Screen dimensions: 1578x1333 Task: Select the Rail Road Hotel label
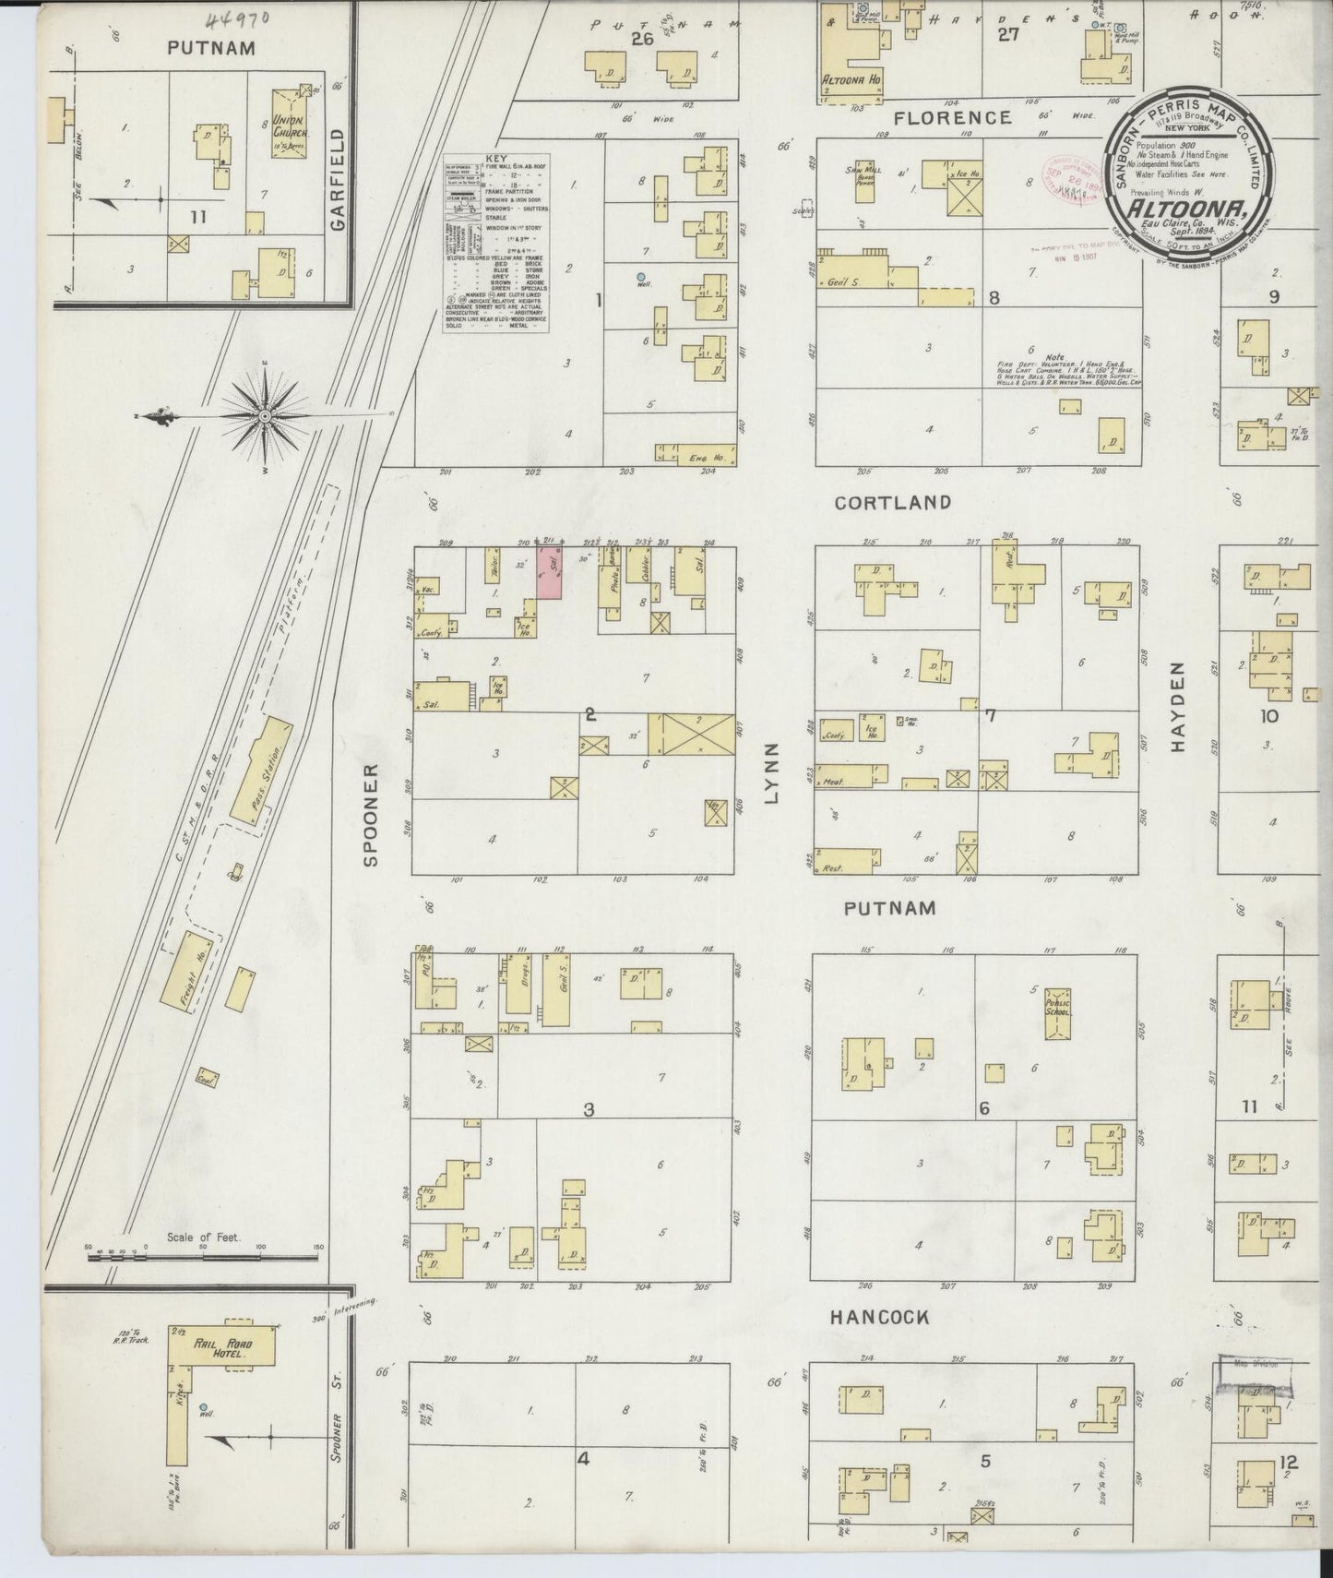click(224, 1349)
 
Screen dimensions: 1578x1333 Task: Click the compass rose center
click(266, 416)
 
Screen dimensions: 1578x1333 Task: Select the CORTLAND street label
click(892, 503)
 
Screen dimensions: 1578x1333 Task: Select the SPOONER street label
click(372, 815)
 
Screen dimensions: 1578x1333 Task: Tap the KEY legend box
click(495, 243)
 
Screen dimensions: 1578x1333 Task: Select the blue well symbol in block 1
click(640, 276)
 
